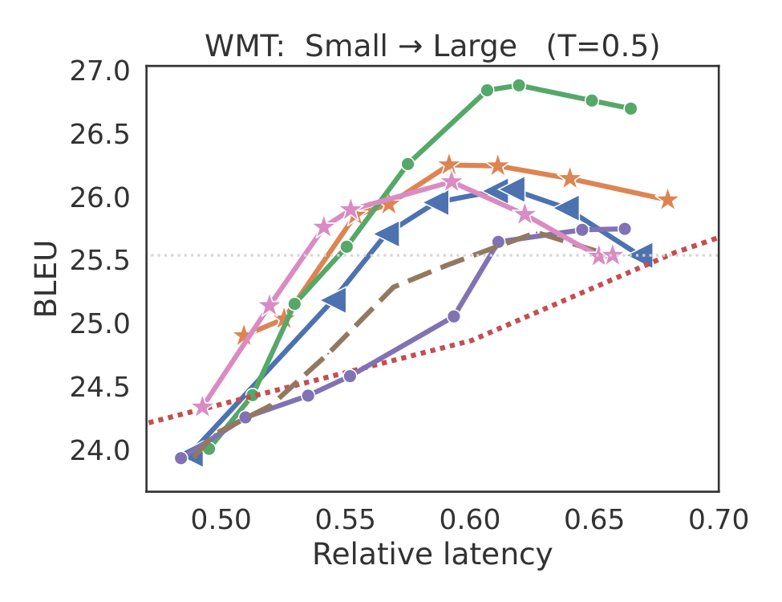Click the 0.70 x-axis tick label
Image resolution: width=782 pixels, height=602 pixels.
(719, 519)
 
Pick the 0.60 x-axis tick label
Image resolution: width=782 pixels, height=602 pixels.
(469, 519)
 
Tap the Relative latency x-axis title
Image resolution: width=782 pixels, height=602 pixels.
(432, 555)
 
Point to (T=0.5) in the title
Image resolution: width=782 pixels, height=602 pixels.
(602, 47)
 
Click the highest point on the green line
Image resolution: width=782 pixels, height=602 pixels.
(519, 85)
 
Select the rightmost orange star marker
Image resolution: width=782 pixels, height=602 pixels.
(667, 200)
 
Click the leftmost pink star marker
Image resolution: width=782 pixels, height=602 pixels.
(202, 407)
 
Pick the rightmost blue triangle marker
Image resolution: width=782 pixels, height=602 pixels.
(642, 254)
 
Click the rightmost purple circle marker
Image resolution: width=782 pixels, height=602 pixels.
(624, 229)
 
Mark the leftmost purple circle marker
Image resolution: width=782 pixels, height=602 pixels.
(181, 458)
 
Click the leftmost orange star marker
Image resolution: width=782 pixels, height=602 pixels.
(244, 336)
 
